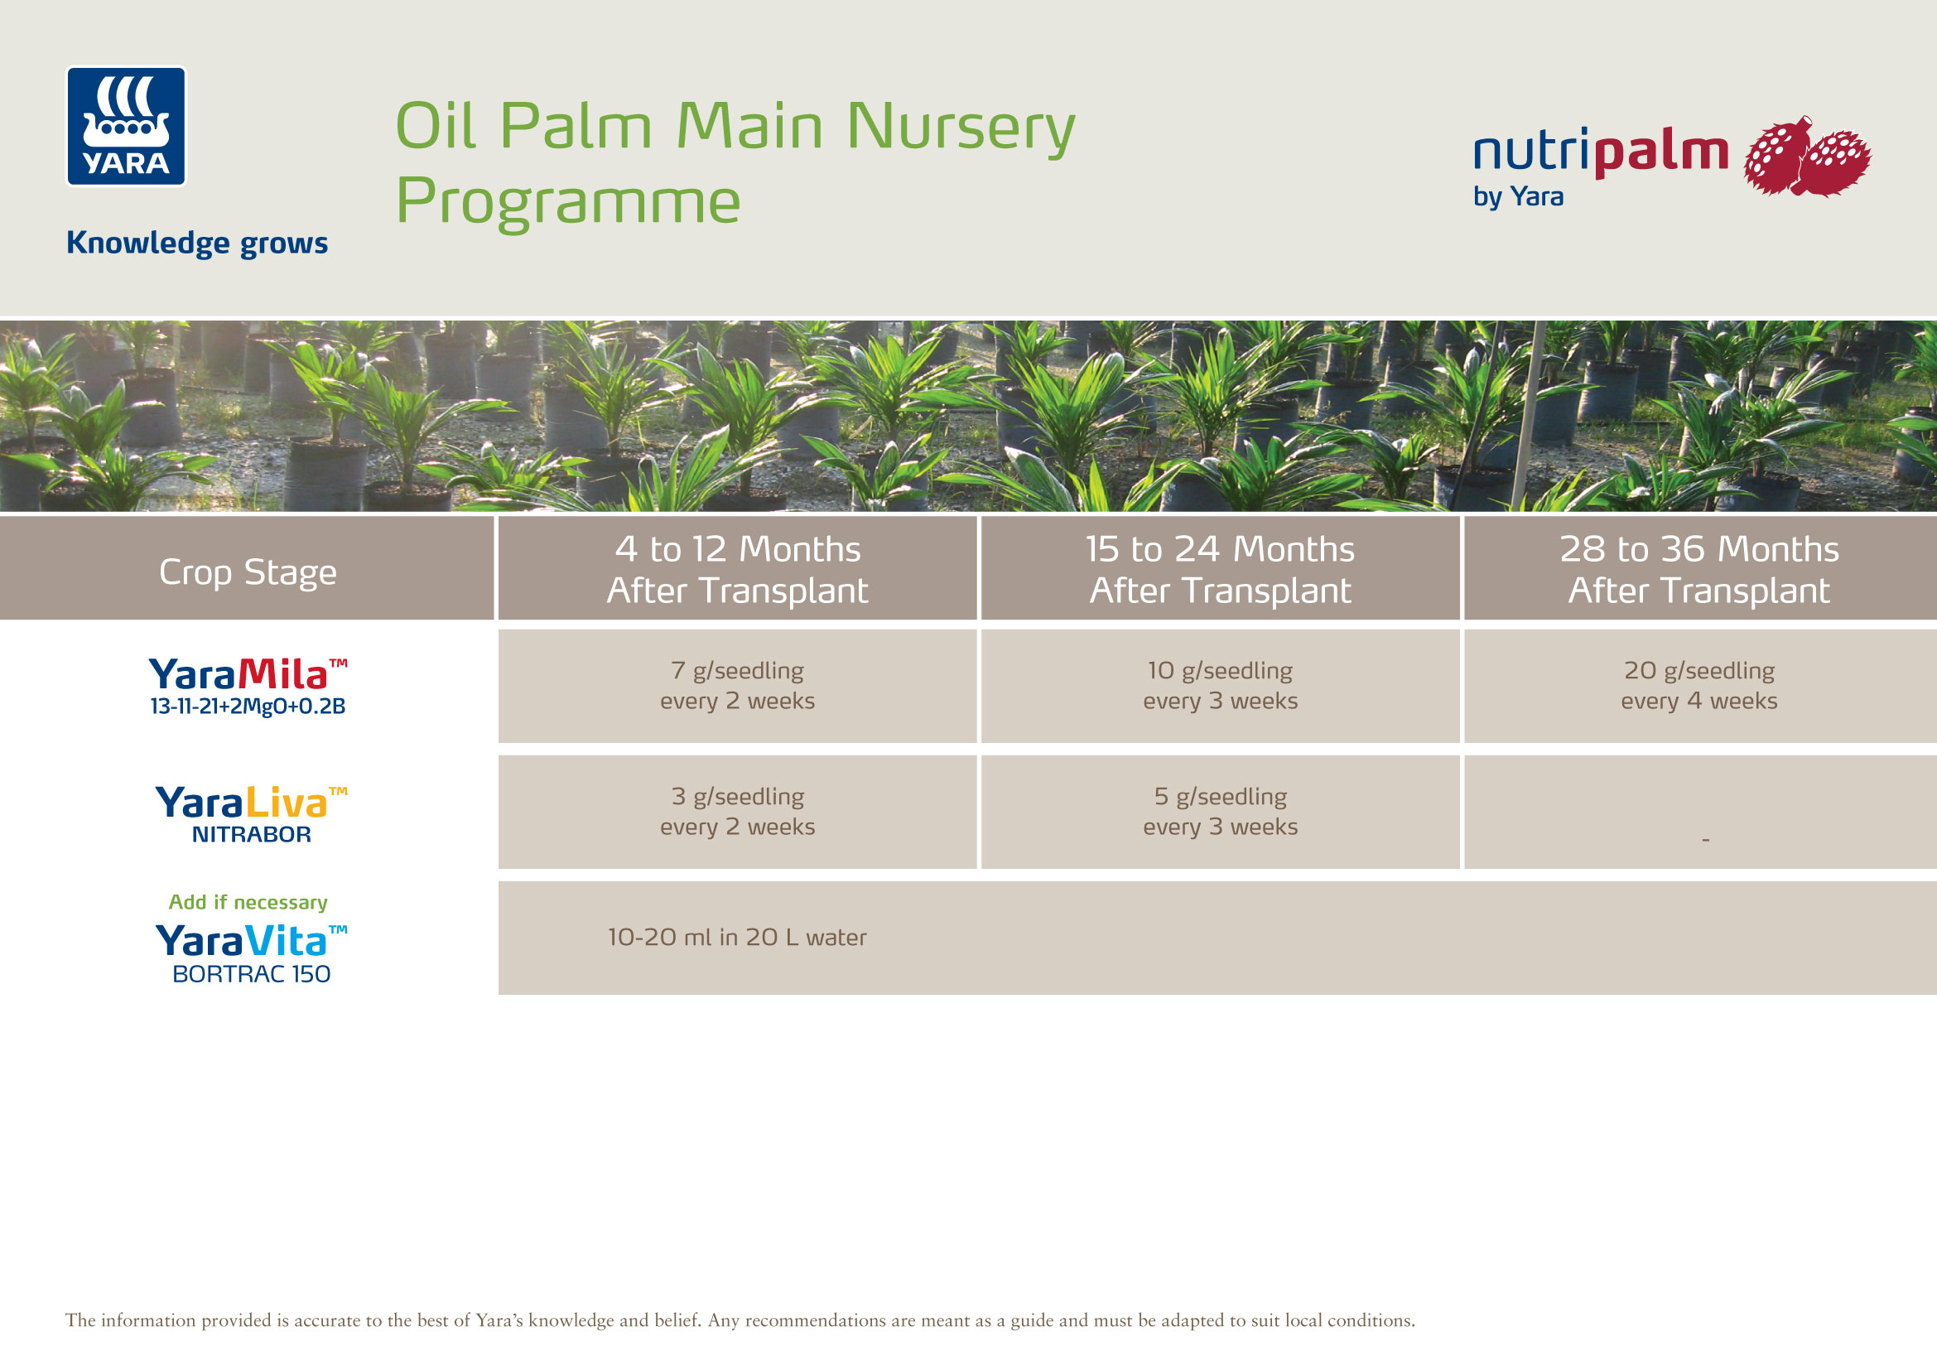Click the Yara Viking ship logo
point(126,126)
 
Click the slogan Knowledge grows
point(196,243)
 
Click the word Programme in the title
point(568,200)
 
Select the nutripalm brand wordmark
point(1601,152)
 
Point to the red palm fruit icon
point(1806,157)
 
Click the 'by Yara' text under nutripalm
point(1518,196)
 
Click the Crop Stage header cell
point(247,572)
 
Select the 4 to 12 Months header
point(736,568)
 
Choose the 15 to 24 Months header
point(1220,568)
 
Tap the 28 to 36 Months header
point(1698,568)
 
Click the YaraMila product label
point(247,686)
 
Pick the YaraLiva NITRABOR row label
point(251,813)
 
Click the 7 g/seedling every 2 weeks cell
point(736,685)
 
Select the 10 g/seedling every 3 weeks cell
point(1220,685)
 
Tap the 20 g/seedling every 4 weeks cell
point(1698,685)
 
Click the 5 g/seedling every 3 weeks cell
point(1220,811)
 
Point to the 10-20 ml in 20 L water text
point(736,938)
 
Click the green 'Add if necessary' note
point(247,902)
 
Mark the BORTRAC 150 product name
point(251,973)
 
